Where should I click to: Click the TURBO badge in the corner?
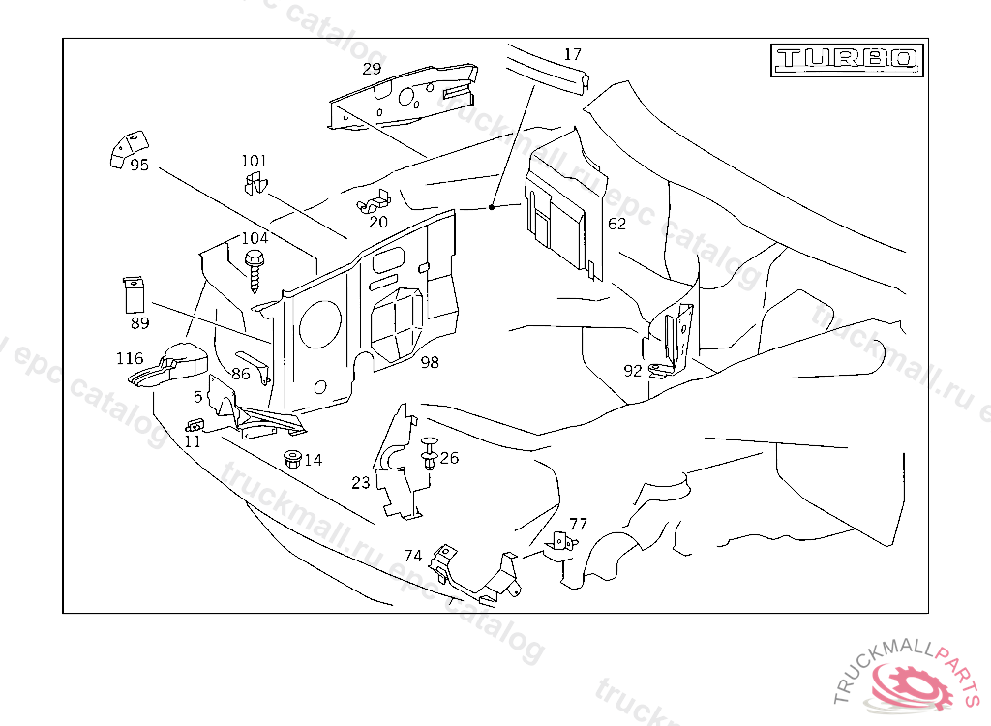pyautogui.click(x=847, y=59)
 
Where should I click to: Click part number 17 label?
pyautogui.click(x=573, y=54)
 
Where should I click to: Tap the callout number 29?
pyautogui.click(x=372, y=69)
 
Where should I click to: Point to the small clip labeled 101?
pyautogui.click(x=255, y=183)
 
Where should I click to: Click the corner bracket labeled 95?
pyautogui.click(x=120, y=146)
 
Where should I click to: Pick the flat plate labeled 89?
pyautogui.click(x=134, y=291)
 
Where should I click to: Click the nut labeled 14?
pyautogui.click(x=290, y=458)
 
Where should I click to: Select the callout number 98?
pyautogui.click(x=430, y=362)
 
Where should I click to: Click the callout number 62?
pyautogui.click(x=616, y=224)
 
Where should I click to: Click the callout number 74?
pyautogui.click(x=413, y=556)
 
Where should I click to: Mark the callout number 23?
pyautogui.click(x=361, y=482)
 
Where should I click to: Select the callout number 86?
pyautogui.click(x=241, y=373)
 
